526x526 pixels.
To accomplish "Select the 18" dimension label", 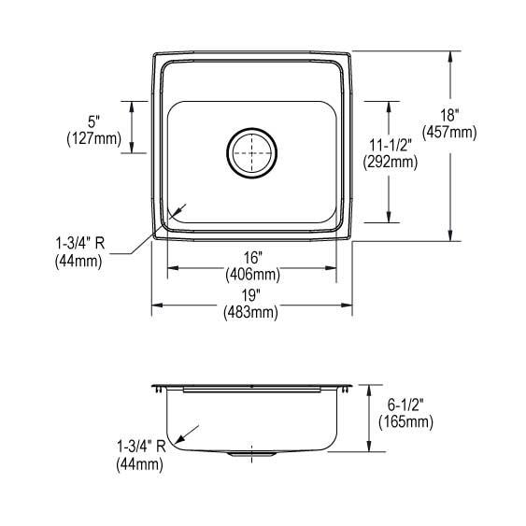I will click(x=450, y=115).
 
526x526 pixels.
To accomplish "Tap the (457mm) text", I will click(x=450, y=132).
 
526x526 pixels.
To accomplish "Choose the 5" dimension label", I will click(x=93, y=122).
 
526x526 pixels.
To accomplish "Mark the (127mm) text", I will click(x=93, y=139).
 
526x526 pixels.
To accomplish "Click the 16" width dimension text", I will click(x=251, y=258).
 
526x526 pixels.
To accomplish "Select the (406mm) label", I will click(x=251, y=275).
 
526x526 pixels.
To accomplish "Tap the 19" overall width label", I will click(x=251, y=296).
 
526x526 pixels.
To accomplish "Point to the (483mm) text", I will click(x=251, y=313).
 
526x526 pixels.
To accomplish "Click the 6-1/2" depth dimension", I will click(x=405, y=405).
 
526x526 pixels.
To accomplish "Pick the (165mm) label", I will click(x=405, y=422).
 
